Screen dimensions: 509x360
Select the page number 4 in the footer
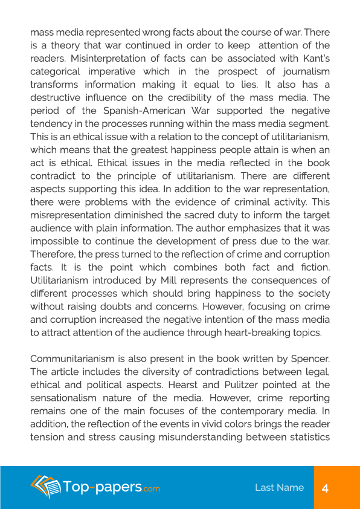325,488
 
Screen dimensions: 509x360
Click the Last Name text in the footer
279,488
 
